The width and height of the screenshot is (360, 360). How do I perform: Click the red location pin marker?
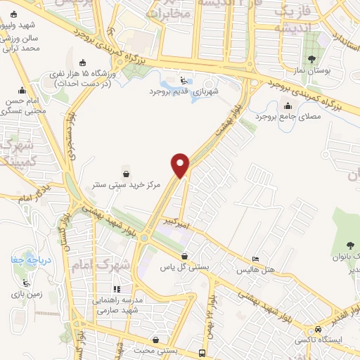(x=181, y=165)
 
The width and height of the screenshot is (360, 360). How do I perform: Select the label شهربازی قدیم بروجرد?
(x=184, y=91)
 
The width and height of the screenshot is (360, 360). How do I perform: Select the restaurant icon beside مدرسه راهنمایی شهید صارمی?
(x=117, y=288)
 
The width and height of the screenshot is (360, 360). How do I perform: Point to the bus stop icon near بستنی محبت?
(x=202, y=352)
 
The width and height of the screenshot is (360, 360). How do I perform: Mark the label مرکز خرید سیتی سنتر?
(x=126, y=185)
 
